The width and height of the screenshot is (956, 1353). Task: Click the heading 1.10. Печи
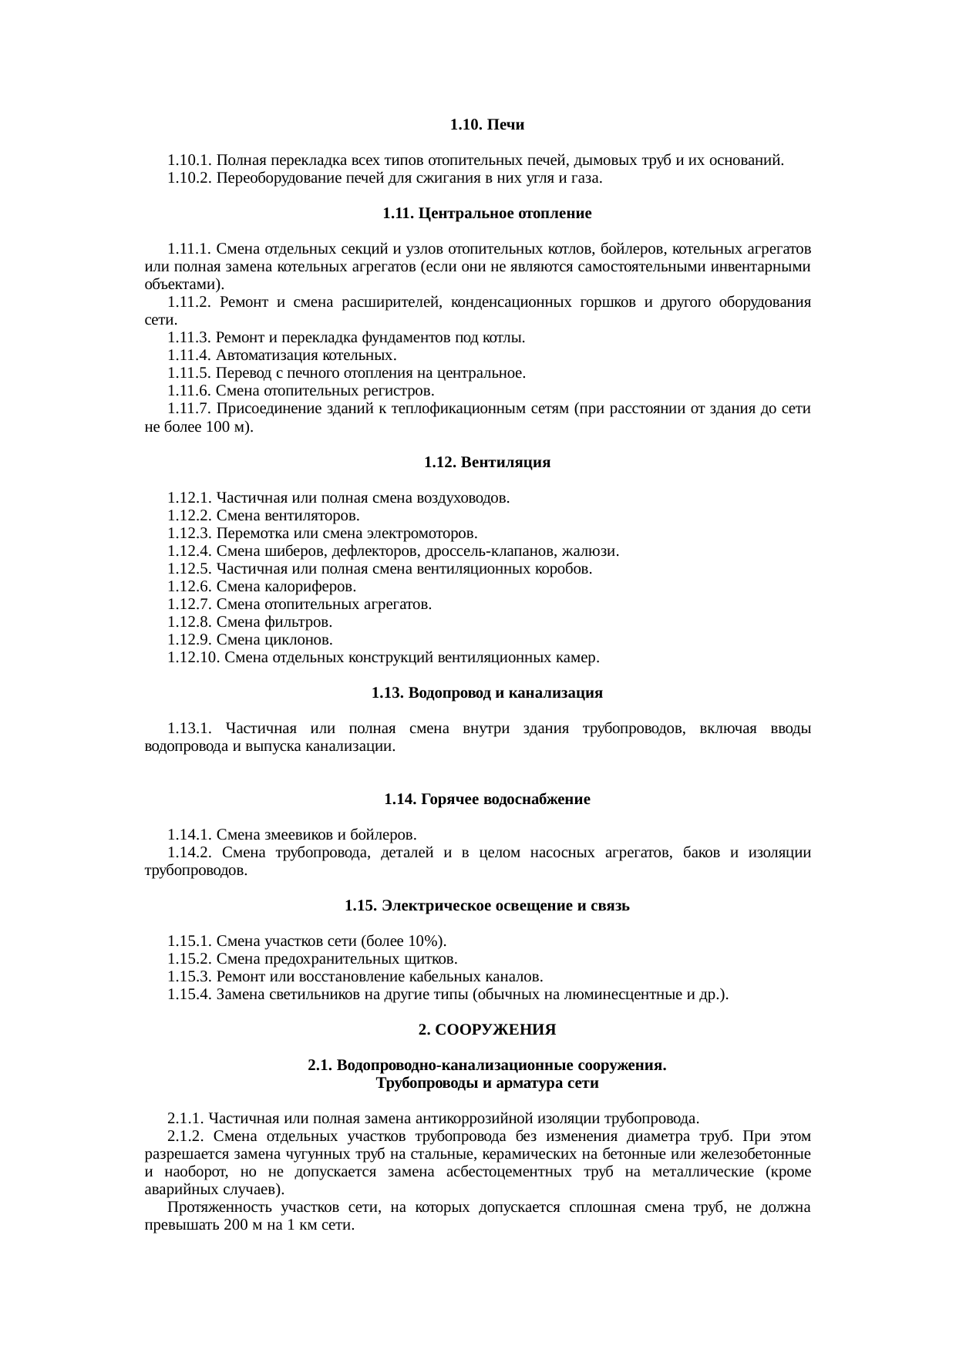pos(487,124)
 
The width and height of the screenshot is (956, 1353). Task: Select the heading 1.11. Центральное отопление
pos(487,214)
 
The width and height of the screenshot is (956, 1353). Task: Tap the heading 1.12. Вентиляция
pos(487,463)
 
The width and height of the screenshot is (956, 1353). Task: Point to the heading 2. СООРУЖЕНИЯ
pos(487,1030)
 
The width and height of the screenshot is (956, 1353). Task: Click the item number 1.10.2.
pos(190,178)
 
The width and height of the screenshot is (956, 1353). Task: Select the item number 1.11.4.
pos(190,355)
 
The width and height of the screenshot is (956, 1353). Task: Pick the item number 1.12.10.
pos(194,658)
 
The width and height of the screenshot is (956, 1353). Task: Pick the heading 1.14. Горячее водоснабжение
pos(487,799)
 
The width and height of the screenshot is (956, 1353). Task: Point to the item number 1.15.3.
pos(190,977)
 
